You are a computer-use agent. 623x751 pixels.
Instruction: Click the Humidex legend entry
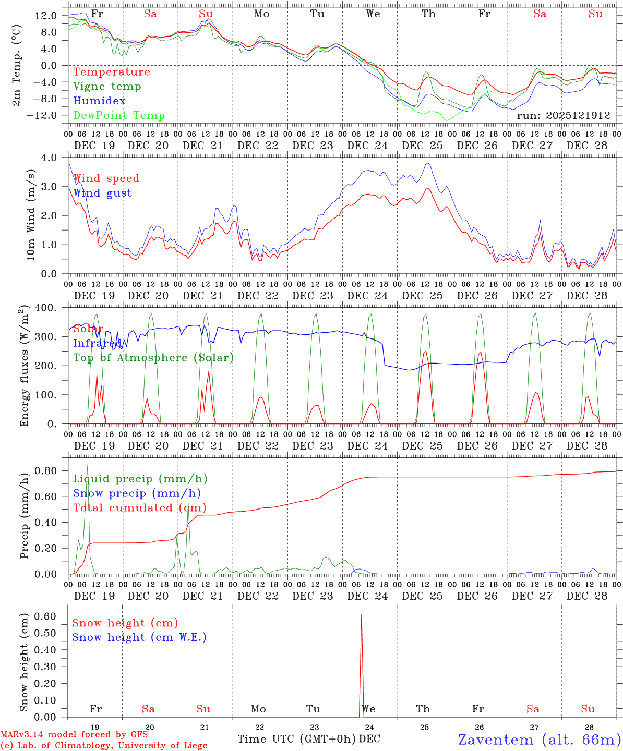point(99,101)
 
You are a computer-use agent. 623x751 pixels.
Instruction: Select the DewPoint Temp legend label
point(119,116)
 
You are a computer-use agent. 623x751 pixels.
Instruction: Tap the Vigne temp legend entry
point(107,87)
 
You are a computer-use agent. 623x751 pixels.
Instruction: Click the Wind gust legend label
point(102,193)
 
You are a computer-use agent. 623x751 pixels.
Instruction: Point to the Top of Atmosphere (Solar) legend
point(153,358)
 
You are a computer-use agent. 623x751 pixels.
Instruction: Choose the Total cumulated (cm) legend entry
point(139,508)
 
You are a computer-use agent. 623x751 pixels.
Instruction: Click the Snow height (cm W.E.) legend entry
point(139,637)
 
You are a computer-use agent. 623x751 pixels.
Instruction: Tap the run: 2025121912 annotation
point(563,116)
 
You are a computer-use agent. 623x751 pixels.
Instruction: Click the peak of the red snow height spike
point(361,615)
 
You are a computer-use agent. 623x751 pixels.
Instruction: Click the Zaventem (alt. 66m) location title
point(539,740)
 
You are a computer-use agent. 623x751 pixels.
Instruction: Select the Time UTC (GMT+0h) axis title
point(297,739)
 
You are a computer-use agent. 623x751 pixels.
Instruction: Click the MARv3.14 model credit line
point(74,734)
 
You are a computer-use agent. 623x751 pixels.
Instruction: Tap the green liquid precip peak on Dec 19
point(88,465)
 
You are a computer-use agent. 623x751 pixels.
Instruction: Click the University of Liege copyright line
point(103,745)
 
